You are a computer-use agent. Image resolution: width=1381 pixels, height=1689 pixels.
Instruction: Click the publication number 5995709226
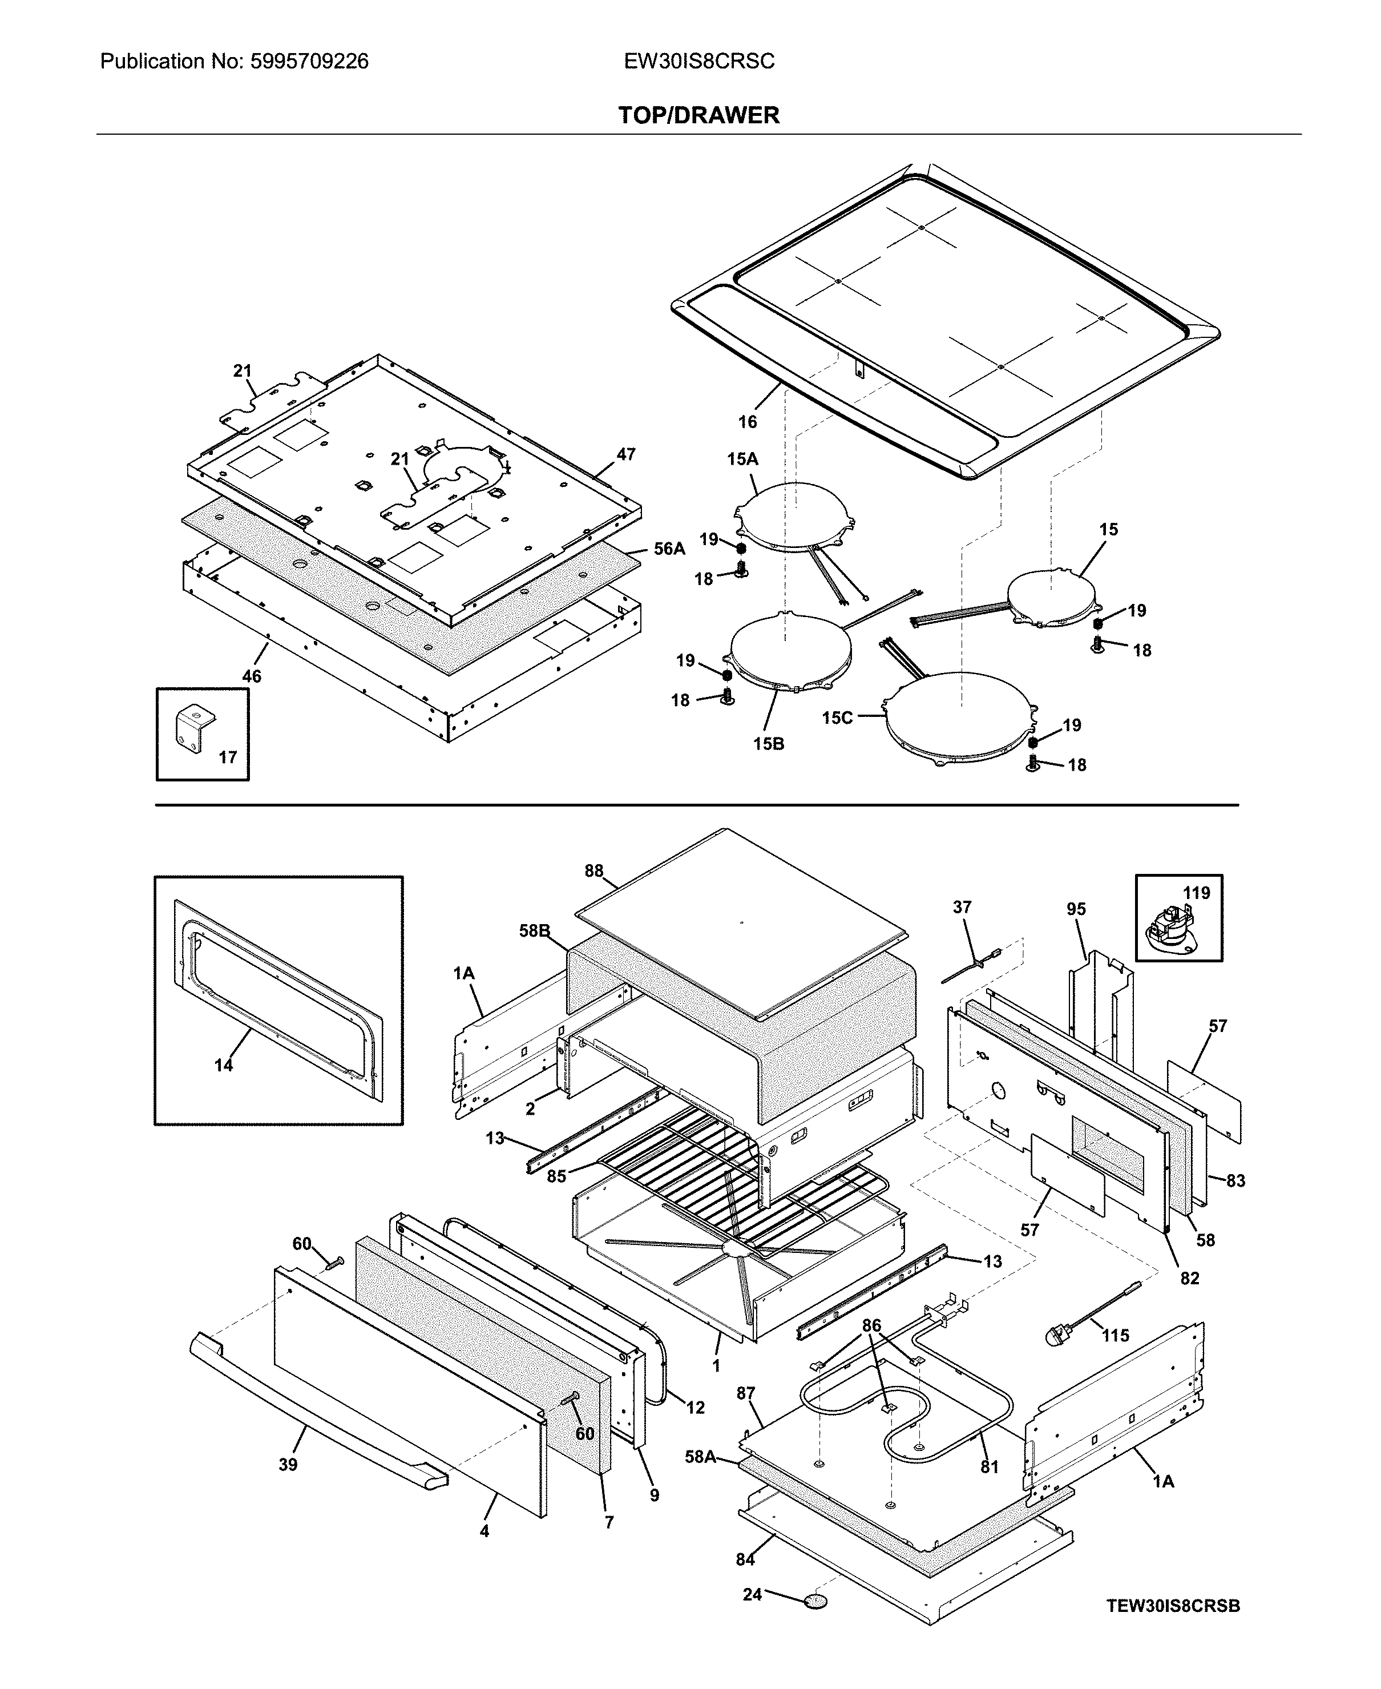(309, 61)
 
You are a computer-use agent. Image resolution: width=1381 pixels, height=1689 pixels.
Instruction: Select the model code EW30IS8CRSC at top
(698, 61)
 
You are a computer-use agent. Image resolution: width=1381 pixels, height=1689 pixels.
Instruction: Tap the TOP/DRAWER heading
(698, 115)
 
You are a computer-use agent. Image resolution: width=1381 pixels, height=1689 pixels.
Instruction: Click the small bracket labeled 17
(192, 728)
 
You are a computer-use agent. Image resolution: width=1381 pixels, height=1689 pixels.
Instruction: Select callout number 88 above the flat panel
(593, 870)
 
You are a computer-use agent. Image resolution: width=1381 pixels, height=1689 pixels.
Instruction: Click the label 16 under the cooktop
(747, 422)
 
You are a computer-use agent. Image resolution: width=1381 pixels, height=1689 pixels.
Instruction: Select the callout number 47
(626, 454)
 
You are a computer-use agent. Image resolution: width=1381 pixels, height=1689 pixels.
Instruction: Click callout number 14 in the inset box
(224, 1065)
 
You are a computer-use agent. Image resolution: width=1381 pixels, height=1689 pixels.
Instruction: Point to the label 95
(1076, 909)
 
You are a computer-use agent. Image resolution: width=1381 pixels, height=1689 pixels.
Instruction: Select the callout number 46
(252, 676)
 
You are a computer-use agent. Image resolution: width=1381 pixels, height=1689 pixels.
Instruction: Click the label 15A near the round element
(742, 459)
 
